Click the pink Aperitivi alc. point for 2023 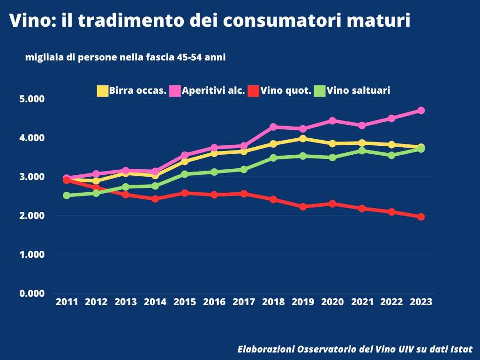click(x=421, y=111)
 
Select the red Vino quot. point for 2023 click(x=421, y=217)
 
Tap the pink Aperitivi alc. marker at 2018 click(x=273, y=127)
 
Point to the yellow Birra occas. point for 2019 click(x=303, y=138)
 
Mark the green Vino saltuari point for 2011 click(x=67, y=195)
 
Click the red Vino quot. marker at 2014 click(x=155, y=199)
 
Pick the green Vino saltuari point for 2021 click(x=362, y=150)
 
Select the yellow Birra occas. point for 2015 click(x=185, y=162)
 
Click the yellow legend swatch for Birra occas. click(x=102, y=91)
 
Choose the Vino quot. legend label click(x=286, y=91)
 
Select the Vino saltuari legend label click(x=359, y=91)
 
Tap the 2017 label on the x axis click(x=244, y=302)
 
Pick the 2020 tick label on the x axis click(x=332, y=302)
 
